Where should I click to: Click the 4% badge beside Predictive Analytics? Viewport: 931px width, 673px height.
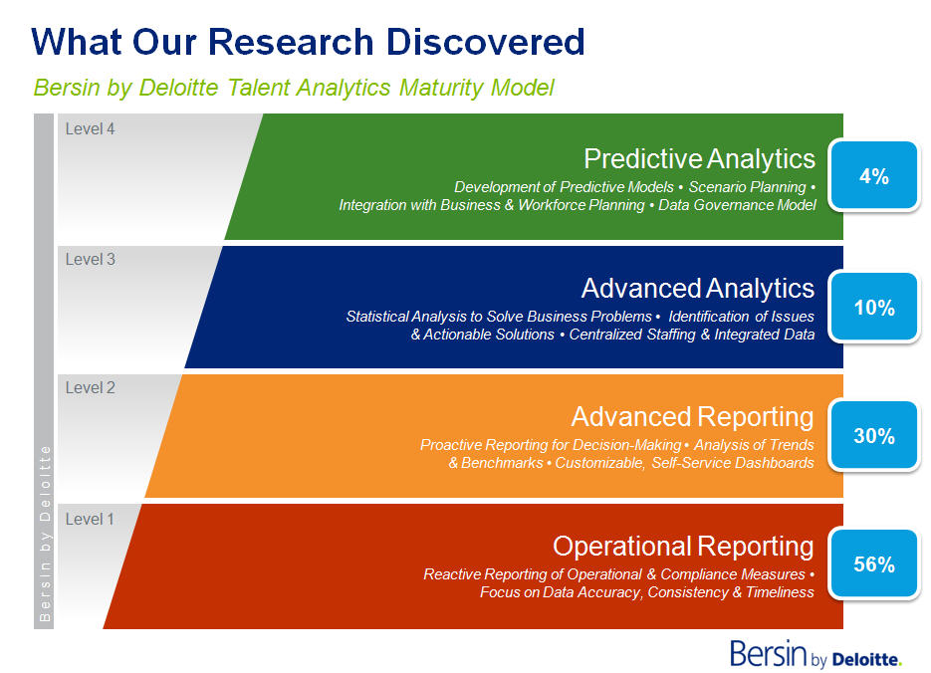pyautogui.click(x=874, y=175)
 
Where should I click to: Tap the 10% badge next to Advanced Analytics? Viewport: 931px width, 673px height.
pyautogui.click(x=874, y=307)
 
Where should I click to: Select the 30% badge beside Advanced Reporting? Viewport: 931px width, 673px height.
pyautogui.click(x=874, y=436)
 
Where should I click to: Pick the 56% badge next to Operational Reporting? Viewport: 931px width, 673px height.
pyautogui.click(x=874, y=563)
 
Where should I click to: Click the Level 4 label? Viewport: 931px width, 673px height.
pyautogui.click(x=91, y=128)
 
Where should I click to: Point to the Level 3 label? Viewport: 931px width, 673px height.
pyautogui.click(x=91, y=260)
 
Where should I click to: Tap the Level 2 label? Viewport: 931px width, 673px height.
pyautogui.click(x=91, y=387)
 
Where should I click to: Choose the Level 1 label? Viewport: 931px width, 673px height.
pyautogui.click(x=90, y=520)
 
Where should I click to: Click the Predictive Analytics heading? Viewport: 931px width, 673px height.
pyautogui.click(x=699, y=159)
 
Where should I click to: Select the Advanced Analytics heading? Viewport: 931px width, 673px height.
pyautogui.click(x=698, y=289)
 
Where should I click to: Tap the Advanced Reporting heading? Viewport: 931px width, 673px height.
pyautogui.click(x=692, y=417)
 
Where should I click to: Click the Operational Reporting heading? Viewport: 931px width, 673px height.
pyautogui.click(x=683, y=547)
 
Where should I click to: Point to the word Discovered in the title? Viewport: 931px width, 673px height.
pyautogui.click(x=485, y=42)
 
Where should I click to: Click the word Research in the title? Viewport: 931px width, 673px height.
pyautogui.click(x=291, y=42)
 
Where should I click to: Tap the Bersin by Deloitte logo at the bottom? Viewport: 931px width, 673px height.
pyautogui.click(x=815, y=653)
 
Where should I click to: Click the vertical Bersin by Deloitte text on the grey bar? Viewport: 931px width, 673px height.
pyautogui.click(x=45, y=534)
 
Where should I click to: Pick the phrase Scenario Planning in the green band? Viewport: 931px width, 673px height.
pyautogui.click(x=747, y=187)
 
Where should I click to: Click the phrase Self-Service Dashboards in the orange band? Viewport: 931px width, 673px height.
pyautogui.click(x=733, y=463)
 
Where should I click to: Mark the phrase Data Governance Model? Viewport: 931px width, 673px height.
pyautogui.click(x=737, y=205)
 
